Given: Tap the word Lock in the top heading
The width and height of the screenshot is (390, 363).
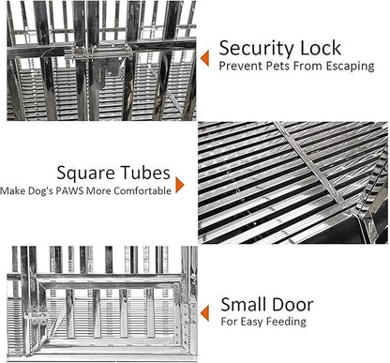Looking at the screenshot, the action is tap(321, 48).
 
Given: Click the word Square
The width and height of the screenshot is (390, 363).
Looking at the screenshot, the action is tap(85, 174).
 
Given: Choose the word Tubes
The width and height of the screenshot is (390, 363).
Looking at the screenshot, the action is tap(145, 173).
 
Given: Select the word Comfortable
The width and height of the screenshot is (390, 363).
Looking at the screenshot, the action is tap(142, 190).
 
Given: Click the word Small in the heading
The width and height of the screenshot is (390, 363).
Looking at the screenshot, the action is tap(244, 305).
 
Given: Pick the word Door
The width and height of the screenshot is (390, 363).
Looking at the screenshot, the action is tap(292, 305).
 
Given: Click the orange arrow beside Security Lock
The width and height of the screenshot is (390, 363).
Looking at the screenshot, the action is tap(204, 58).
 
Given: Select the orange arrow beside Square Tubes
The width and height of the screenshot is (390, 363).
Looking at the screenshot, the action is tap(180, 185).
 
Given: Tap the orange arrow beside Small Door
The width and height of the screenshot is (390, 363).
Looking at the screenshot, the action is tap(204, 313).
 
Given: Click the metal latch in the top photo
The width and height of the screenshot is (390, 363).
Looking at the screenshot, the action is tap(102, 53).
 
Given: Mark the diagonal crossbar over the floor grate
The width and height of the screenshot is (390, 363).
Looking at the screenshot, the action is tap(312, 166).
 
